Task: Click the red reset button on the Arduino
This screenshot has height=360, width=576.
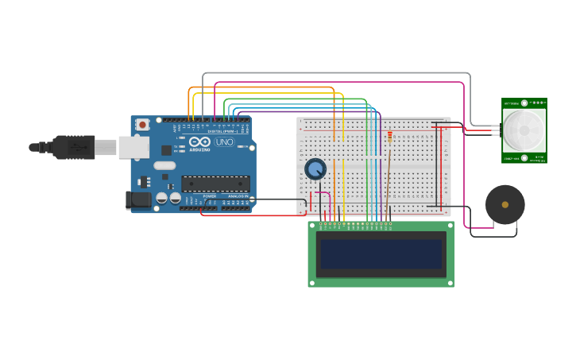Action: click(x=142, y=124)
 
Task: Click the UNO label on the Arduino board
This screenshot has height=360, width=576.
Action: click(x=224, y=142)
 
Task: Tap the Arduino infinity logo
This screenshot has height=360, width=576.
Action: click(x=199, y=141)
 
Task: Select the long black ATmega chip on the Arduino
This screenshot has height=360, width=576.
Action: click(x=215, y=184)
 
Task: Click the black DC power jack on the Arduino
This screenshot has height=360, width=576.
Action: click(x=139, y=200)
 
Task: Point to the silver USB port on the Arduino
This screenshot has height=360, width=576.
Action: click(x=133, y=147)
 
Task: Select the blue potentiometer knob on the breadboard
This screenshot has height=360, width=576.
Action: click(x=315, y=168)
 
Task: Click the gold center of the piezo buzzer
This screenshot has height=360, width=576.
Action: click(x=505, y=205)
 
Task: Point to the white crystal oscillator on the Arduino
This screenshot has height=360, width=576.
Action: click(x=164, y=165)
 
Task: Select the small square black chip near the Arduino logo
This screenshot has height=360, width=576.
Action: click(x=166, y=149)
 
